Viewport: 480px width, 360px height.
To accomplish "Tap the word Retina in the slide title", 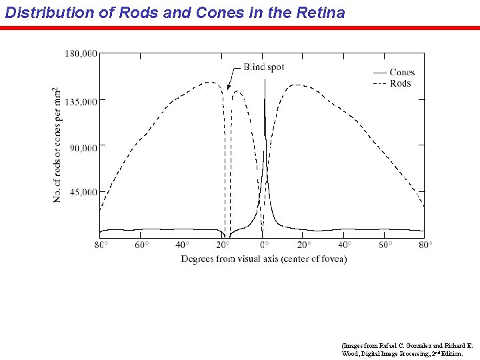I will tap(319, 12).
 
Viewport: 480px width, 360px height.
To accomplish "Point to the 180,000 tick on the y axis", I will tap(81, 53).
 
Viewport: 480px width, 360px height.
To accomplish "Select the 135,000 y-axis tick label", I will tap(81, 101).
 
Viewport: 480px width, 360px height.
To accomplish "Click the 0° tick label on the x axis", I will tap(263, 245).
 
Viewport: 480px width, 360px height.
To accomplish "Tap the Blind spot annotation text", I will tap(264, 67).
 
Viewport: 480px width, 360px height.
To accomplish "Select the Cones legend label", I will tap(402, 73).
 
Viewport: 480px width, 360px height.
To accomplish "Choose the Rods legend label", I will tap(400, 83).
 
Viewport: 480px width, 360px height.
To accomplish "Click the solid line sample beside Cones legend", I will tap(379, 73).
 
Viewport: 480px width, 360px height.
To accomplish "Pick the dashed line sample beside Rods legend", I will tap(379, 83).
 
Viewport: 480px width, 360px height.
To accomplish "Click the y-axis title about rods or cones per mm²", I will tap(58, 145).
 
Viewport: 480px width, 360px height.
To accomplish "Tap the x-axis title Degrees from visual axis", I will tap(263, 259).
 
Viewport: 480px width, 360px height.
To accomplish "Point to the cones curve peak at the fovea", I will tap(265, 80).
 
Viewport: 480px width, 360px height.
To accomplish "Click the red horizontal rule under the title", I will tap(240, 28).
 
